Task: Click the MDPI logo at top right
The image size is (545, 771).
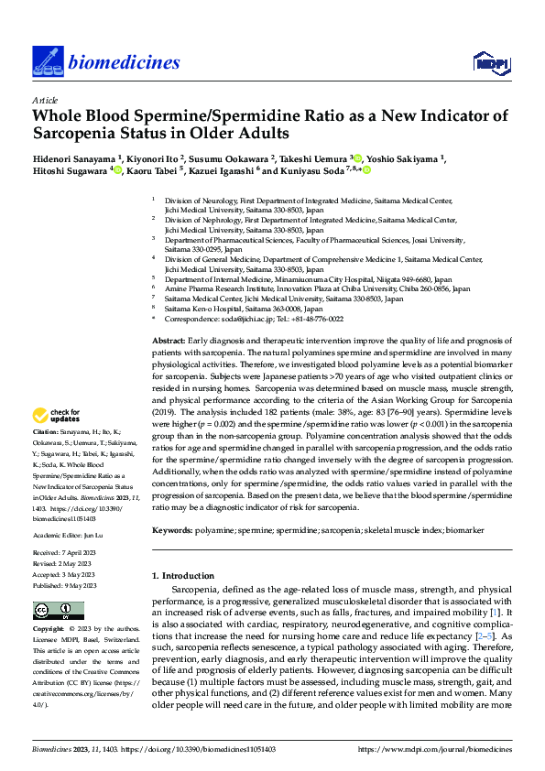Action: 489,61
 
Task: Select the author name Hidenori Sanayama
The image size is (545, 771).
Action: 74,157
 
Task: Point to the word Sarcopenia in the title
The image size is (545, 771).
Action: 76,134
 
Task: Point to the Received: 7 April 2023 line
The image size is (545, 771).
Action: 69,553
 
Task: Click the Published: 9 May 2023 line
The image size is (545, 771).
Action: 69,583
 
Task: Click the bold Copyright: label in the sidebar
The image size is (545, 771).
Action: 50,630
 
